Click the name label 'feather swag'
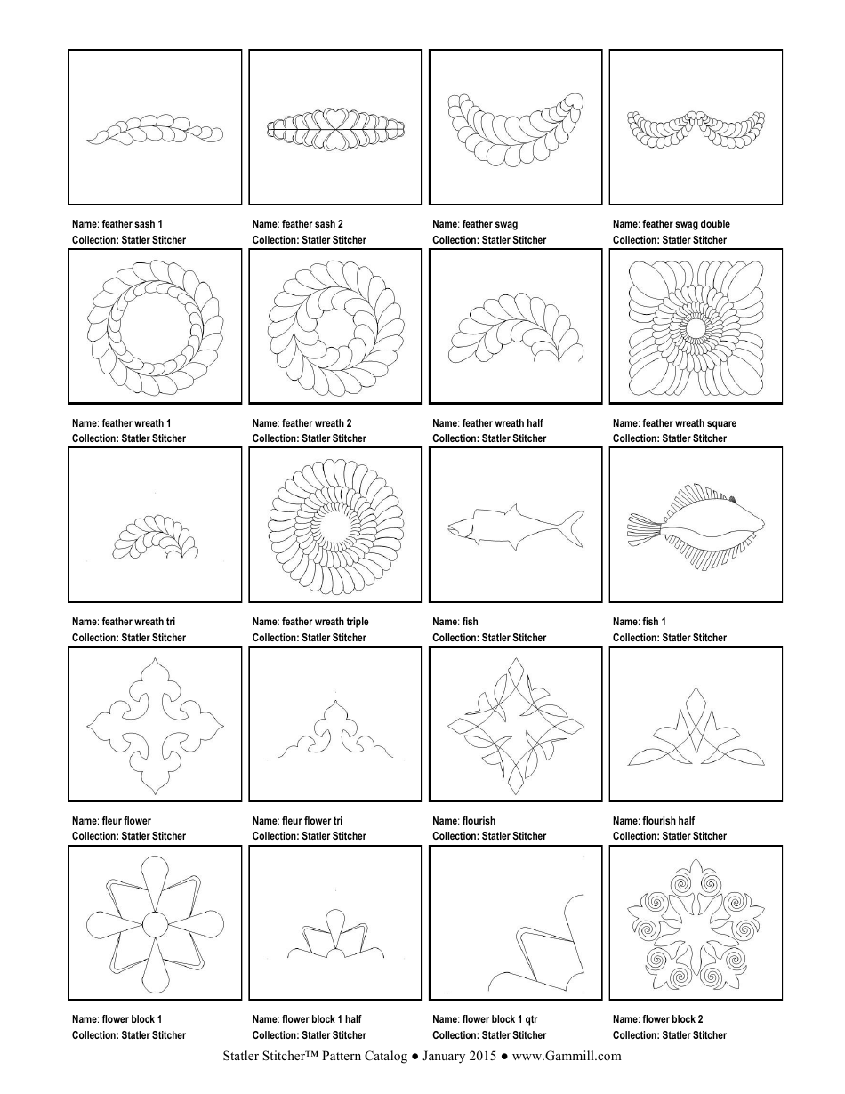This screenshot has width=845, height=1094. pyautogui.click(x=487, y=224)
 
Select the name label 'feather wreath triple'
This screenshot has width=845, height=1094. pyautogui.click(x=325, y=622)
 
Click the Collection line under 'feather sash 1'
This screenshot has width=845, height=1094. pyautogui.click(x=129, y=240)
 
